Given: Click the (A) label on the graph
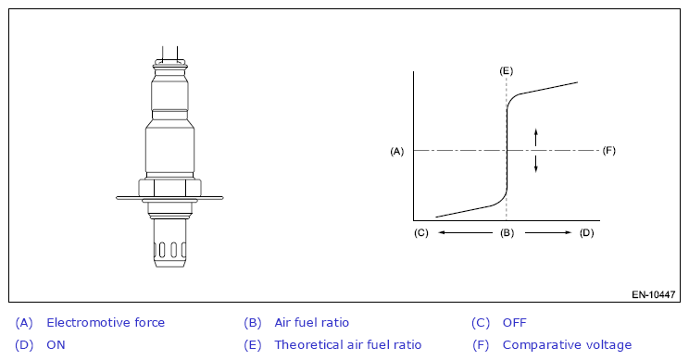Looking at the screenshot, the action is (396, 152).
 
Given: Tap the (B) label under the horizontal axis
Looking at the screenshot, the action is (507, 232).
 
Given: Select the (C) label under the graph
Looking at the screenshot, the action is (421, 232).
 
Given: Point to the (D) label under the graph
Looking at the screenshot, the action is (586, 232).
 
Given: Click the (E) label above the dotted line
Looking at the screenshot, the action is (507, 71).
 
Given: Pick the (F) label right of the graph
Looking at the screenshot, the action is (608, 151).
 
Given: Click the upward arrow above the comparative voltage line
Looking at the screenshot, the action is (535, 137).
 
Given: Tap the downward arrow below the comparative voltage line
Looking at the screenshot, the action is (535, 163).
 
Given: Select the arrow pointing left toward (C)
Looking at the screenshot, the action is (465, 232).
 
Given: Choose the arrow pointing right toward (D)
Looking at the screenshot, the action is (548, 232).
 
